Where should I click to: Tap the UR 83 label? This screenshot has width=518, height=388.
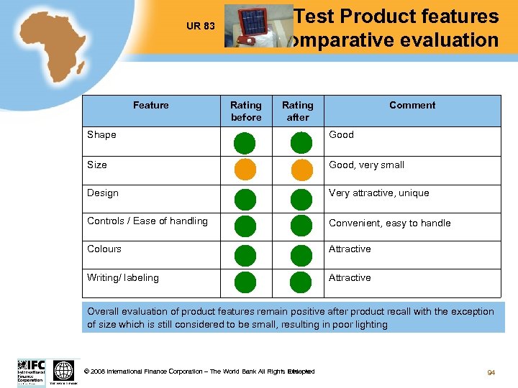click(200, 27)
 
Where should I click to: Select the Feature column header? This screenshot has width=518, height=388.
click(151, 106)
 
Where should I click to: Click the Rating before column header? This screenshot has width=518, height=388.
click(246, 111)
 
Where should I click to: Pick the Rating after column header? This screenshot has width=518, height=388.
click(298, 111)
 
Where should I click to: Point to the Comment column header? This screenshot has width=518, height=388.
click(412, 106)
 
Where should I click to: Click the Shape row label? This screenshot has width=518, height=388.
click(101, 135)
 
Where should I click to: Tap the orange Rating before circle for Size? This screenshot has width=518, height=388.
click(245, 170)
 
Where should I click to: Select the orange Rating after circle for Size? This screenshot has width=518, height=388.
click(301, 170)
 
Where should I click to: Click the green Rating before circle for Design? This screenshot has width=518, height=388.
click(245, 198)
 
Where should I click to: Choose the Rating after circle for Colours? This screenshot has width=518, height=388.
click(301, 255)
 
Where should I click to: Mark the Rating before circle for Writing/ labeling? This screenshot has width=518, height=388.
click(245, 282)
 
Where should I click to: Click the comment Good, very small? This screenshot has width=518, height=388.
click(366, 165)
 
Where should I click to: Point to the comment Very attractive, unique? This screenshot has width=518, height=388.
click(378, 193)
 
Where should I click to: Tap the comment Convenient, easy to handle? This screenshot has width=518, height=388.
click(389, 223)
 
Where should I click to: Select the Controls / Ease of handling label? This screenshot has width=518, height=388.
click(147, 221)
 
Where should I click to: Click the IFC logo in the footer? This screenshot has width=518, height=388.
click(31, 370)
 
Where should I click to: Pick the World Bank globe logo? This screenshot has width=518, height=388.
click(64, 370)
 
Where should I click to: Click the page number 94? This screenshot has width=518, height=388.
click(491, 372)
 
